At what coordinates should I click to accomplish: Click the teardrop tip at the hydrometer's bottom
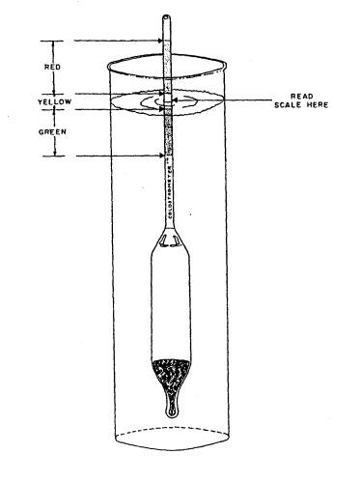[174, 411]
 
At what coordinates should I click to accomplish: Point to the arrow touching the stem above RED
[156, 41]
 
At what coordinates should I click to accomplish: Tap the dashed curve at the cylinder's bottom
[174, 431]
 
